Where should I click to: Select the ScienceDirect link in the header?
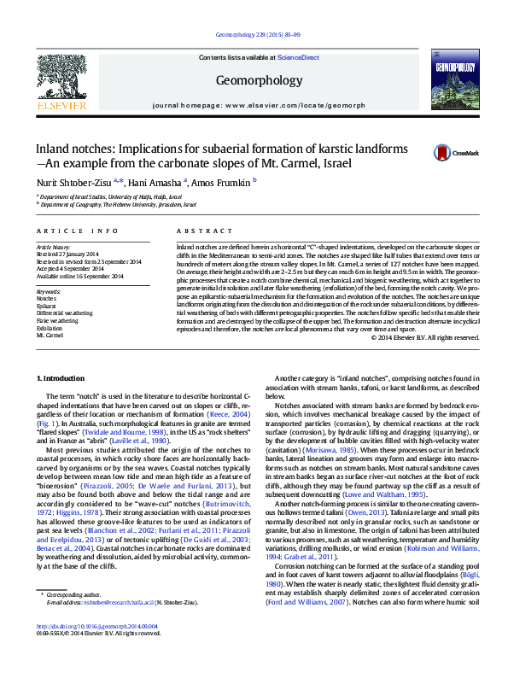300,57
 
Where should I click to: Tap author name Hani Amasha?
157,182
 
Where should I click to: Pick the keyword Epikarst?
46,305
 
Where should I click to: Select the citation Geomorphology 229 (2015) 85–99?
254,34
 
